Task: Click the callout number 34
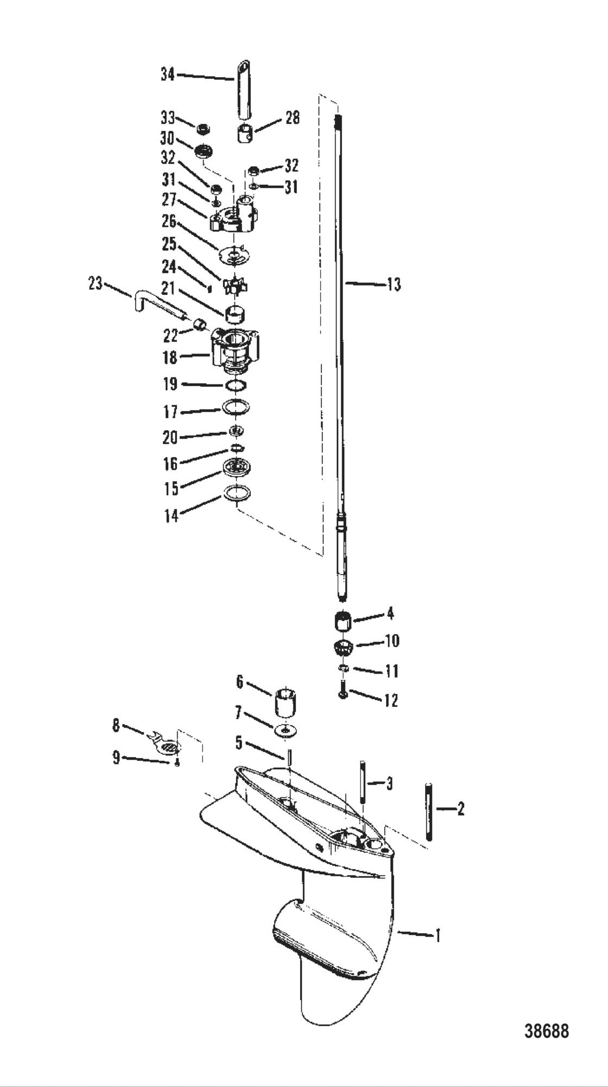pos(167,74)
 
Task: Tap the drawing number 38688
pos(547,1031)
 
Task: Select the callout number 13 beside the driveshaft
pos(394,283)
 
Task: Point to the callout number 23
pos(96,283)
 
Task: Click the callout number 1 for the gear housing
pos(438,935)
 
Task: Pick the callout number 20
pos(170,437)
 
